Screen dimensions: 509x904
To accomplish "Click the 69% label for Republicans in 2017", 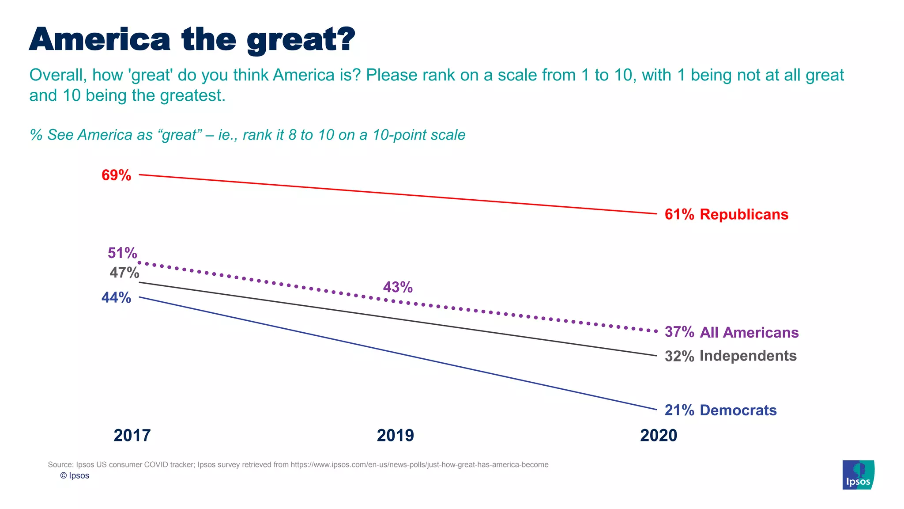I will pos(116,175).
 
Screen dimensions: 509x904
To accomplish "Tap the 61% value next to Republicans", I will pos(679,215).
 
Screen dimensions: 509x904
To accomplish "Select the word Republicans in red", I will pos(744,215).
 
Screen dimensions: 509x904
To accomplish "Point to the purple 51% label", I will pos(122,253).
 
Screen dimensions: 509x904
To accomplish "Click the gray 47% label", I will pos(124,273).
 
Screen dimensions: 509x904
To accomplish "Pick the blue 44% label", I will pos(116,298).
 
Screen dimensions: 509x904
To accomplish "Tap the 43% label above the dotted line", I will pos(398,288).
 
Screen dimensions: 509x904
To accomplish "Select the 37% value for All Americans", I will pos(679,332).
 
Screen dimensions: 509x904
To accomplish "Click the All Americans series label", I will pos(749,333).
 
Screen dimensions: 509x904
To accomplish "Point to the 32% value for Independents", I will pos(679,356).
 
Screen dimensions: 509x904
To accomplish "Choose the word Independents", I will pos(748,356).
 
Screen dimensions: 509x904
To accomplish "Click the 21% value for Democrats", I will pos(679,410).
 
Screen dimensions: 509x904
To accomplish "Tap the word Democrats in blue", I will pos(738,410).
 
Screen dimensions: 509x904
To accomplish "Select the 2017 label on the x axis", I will pos(132,436).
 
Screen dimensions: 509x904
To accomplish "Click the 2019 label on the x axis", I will pos(395,436).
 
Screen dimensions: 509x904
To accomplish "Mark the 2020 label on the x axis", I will pos(658,436).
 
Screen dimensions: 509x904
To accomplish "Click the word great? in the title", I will pos(301,41).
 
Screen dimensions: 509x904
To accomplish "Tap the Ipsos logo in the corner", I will pos(858,475).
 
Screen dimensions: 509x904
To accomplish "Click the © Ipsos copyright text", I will pos(75,476).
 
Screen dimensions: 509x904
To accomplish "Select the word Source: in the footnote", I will pos(60,465).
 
